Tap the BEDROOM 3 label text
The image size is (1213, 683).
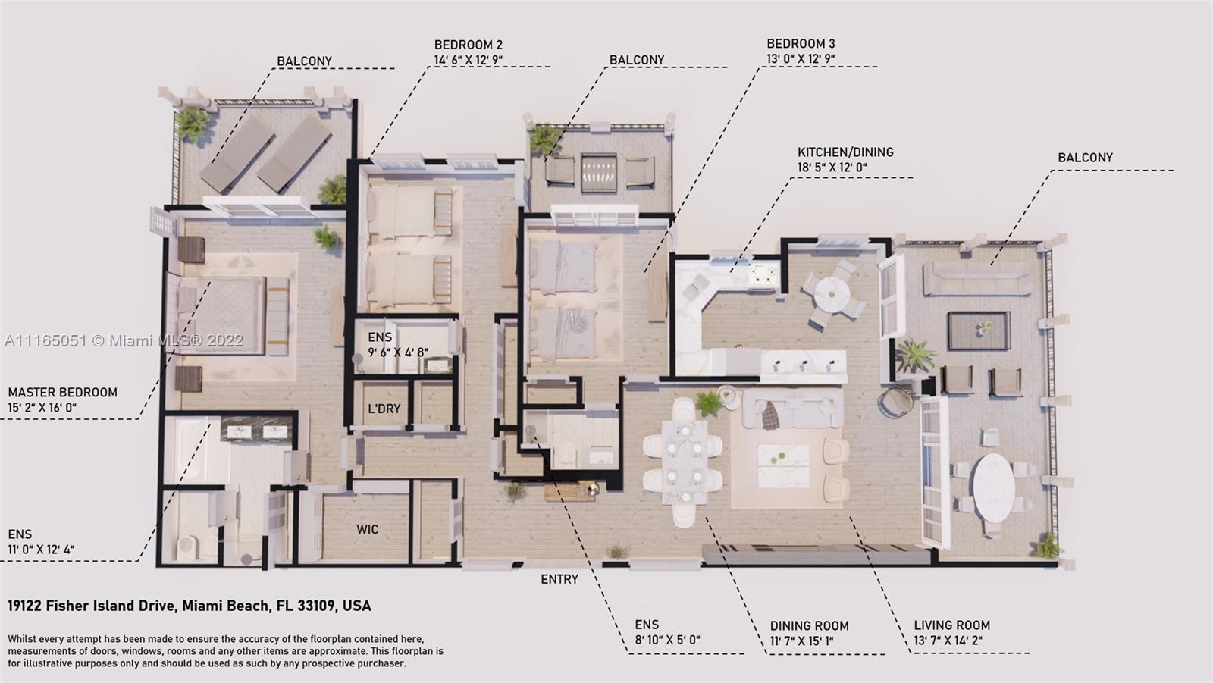[x=801, y=44]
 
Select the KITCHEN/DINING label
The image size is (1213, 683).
[x=845, y=152]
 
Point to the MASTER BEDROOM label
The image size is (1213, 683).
[x=63, y=393]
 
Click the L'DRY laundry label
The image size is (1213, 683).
[x=384, y=409]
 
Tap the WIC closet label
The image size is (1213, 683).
[x=367, y=529]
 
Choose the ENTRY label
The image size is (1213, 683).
[x=559, y=580]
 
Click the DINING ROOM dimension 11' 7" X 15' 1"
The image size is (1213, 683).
[x=801, y=641]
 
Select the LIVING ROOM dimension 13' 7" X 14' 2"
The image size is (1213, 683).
[x=948, y=641]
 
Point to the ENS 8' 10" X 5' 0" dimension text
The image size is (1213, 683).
[x=668, y=641]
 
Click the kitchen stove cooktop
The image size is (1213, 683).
[x=763, y=274]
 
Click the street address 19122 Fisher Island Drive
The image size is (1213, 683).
[x=190, y=606]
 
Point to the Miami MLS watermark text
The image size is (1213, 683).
[x=124, y=340]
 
